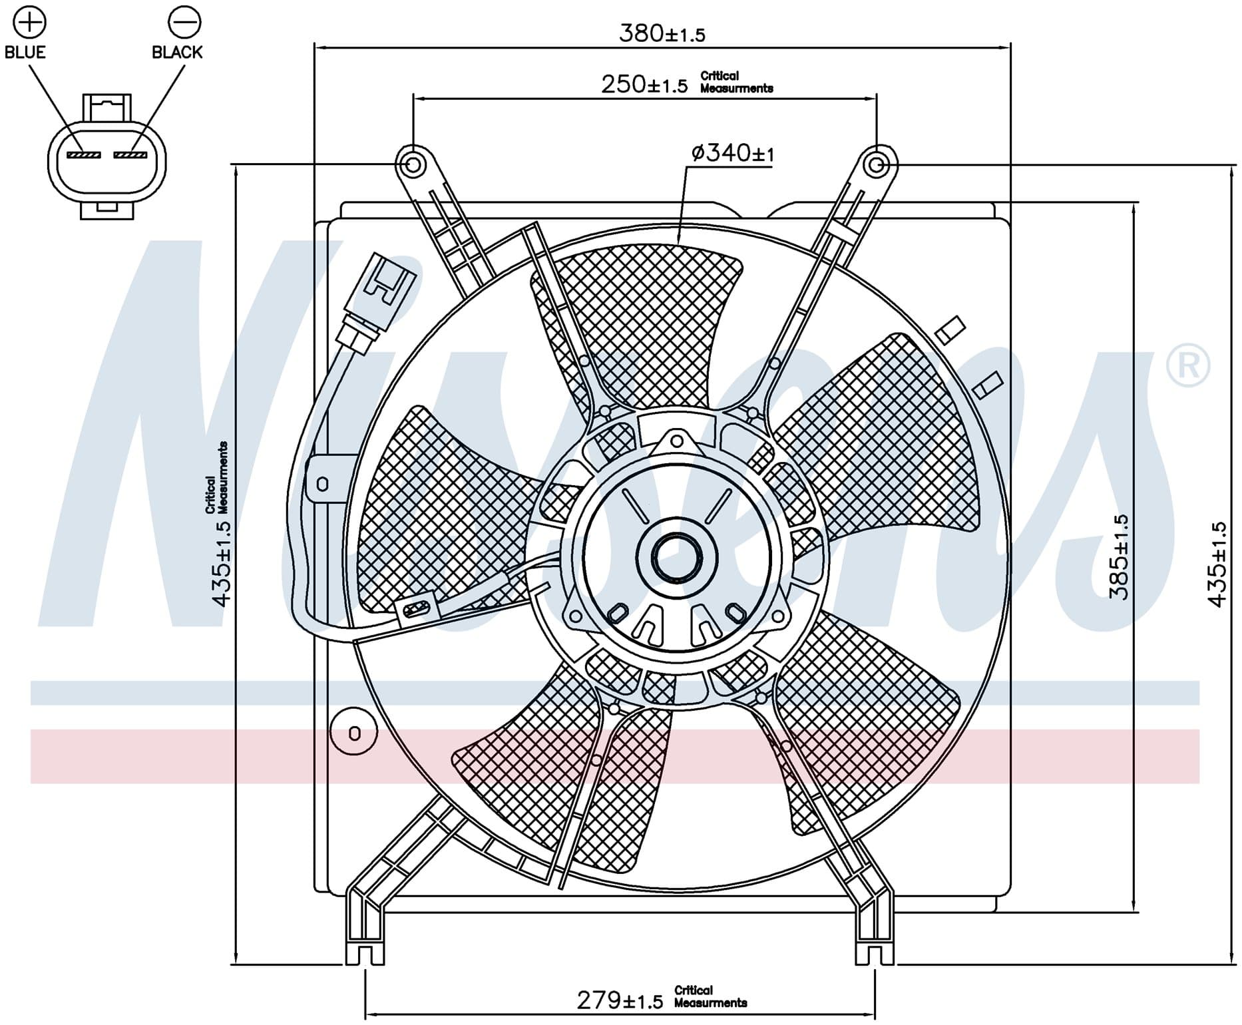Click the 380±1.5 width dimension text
click(x=662, y=33)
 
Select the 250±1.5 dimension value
click(x=644, y=85)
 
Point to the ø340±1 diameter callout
click(x=732, y=153)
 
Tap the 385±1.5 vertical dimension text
click(x=1120, y=557)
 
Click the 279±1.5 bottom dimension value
click(x=620, y=1000)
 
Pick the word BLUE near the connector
click(x=25, y=52)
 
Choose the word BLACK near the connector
click(x=177, y=52)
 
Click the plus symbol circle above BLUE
click(x=31, y=22)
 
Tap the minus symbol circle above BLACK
click(x=184, y=22)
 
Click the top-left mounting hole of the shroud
click(x=413, y=164)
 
